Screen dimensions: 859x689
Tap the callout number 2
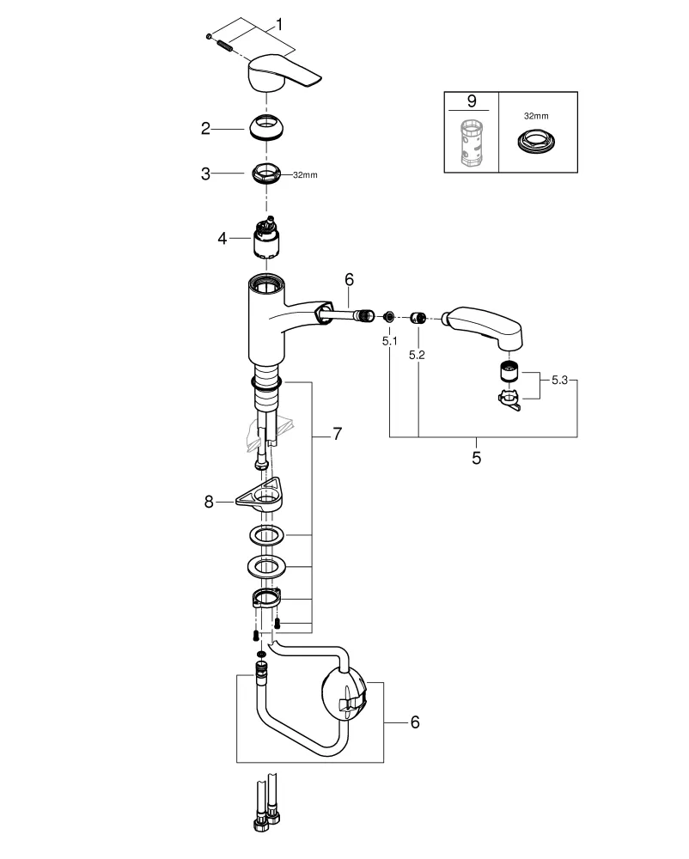(x=205, y=128)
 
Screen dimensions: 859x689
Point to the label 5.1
(x=389, y=341)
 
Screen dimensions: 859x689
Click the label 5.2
(x=418, y=353)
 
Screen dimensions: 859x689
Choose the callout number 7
(x=337, y=435)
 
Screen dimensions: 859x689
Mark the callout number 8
(x=208, y=501)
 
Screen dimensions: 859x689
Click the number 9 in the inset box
(x=471, y=101)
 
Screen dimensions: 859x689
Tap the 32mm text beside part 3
(x=304, y=174)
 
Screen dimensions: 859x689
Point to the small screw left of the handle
(x=210, y=36)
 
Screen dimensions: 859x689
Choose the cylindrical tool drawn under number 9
(x=471, y=143)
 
